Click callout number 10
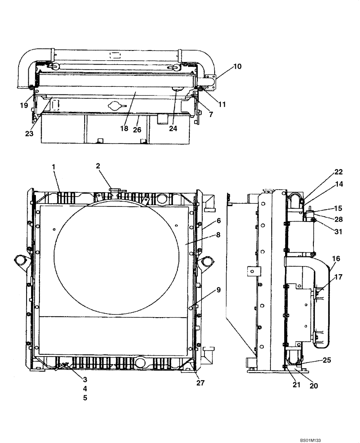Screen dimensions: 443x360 click(237, 66)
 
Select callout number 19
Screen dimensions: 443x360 click(23, 105)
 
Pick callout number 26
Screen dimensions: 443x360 click(138, 130)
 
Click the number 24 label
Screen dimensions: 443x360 click(173, 128)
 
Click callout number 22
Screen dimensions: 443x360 click(338, 172)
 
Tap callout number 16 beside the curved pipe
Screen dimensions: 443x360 click(336, 258)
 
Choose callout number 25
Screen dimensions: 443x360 click(326, 360)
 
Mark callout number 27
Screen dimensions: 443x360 click(200, 383)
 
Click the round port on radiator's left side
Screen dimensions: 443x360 click(20, 262)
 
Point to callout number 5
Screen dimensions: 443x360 click(85, 397)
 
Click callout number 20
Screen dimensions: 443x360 click(313, 385)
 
